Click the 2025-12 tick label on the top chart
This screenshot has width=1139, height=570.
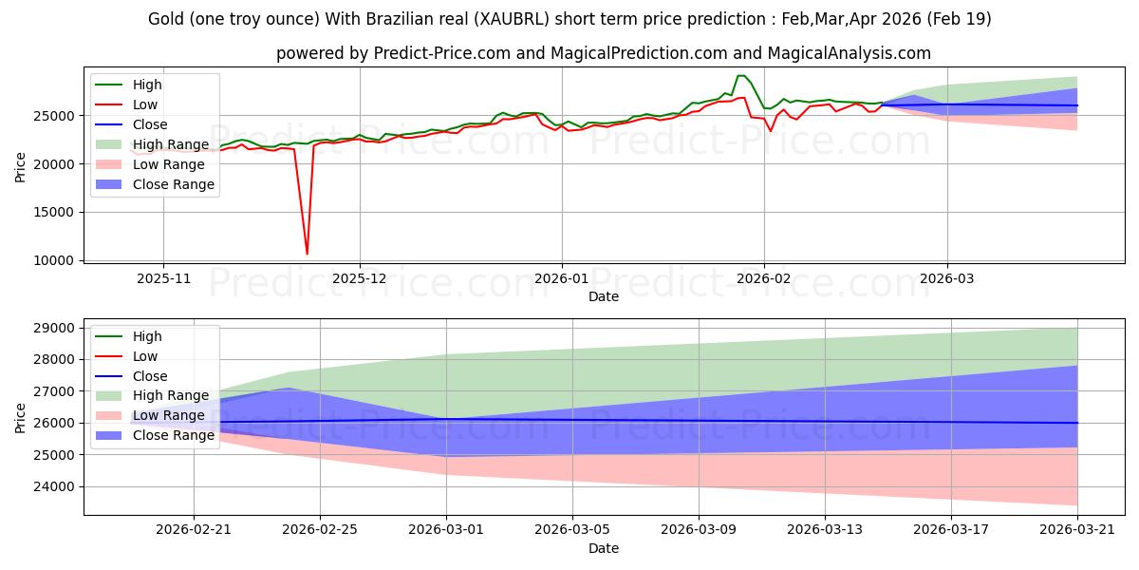pos(360,278)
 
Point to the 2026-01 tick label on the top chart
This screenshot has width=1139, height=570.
pos(561,278)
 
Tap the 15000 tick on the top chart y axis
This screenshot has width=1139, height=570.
pos(54,212)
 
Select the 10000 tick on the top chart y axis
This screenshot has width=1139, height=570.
pos(54,260)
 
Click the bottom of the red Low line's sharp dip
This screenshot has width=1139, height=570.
pos(307,254)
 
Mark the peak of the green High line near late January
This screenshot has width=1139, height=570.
pos(741,76)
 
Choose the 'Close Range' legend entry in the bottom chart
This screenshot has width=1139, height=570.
pos(155,435)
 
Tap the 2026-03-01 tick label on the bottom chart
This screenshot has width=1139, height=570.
pos(446,530)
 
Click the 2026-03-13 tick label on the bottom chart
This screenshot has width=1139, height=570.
pos(825,530)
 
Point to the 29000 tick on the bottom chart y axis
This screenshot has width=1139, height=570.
pos(54,329)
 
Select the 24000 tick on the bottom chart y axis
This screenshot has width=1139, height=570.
pos(54,487)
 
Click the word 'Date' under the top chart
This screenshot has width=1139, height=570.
pos(604,296)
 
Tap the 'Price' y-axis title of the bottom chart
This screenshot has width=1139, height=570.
pos(20,418)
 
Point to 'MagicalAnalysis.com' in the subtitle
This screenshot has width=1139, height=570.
pos(849,53)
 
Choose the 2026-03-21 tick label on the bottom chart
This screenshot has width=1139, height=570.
pos(1077,530)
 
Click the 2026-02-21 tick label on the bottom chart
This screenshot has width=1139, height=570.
pos(194,530)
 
